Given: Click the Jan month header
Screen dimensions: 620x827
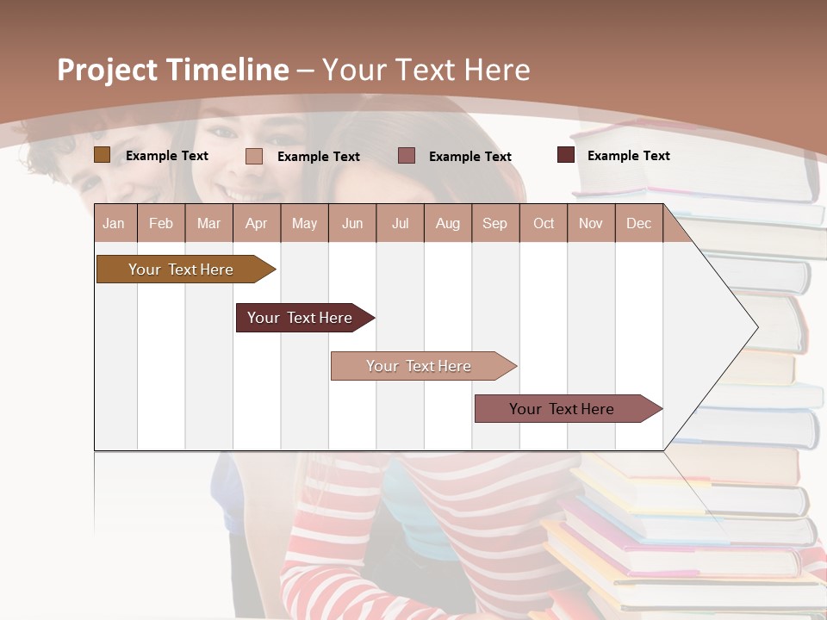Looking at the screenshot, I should [x=115, y=223].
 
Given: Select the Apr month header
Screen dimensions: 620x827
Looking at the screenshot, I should [x=257, y=223].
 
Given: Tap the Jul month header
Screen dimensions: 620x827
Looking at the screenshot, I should [x=400, y=223].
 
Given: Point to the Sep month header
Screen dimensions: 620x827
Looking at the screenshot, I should [x=495, y=223].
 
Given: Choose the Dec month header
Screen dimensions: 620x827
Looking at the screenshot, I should [x=638, y=223].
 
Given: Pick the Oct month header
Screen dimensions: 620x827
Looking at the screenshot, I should [x=544, y=223].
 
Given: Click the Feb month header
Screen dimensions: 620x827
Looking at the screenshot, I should [x=161, y=223].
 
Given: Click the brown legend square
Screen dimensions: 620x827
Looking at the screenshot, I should [x=102, y=155].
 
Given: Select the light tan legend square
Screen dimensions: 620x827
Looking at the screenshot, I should [x=254, y=156].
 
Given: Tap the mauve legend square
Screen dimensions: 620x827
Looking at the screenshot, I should [x=407, y=156].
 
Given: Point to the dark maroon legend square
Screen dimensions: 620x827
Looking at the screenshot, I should [x=566, y=155].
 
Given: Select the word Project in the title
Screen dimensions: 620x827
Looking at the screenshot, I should [x=107, y=70].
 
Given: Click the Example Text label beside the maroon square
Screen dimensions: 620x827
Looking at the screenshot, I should [x=628, y=155].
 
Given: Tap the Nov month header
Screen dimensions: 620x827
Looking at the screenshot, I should [x=591, y=223].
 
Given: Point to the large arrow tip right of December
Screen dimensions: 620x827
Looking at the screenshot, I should [x=741, y=327].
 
